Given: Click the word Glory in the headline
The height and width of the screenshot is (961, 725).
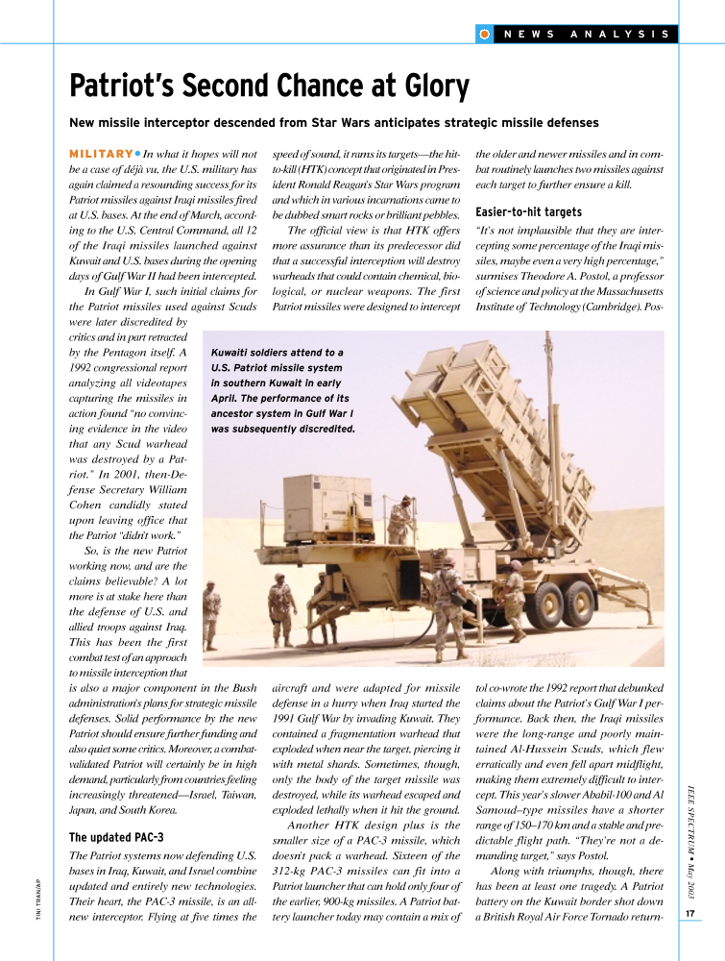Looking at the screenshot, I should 426,87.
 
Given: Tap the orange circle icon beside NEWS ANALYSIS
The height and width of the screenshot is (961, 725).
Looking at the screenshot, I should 485,34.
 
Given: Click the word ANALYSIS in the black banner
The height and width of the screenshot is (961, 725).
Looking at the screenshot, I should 619,34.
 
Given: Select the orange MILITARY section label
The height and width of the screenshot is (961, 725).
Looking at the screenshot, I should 101,154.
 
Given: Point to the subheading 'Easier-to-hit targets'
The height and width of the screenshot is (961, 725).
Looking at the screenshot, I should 529,211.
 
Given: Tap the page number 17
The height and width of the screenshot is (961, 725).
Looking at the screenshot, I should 690,913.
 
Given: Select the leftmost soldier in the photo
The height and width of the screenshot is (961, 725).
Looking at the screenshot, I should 211,615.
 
